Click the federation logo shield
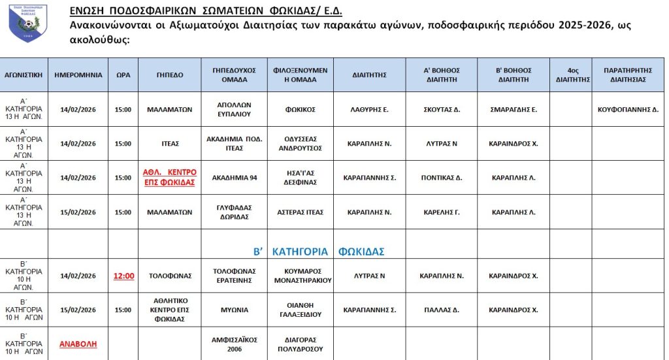pos(28,24)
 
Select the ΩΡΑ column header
pos(123,74)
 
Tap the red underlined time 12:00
pos(123,276)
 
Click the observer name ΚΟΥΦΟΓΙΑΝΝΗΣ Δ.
pos(628,109)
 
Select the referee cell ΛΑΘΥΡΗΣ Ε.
pos(369,109)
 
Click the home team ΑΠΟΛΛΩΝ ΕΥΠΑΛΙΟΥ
pos(235,109)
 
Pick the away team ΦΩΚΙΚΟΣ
pos(300,109)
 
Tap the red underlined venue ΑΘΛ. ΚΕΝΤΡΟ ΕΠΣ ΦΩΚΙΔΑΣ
pos(170,177)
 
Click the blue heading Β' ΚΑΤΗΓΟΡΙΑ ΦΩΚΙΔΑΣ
pos(319,251)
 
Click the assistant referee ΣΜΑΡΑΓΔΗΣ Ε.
pos(514,109)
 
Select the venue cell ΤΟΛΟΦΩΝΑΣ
pos(170,276)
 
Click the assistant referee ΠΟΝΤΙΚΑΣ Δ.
pos(442,177)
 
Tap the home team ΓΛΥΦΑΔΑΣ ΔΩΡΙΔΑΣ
pos(235,212)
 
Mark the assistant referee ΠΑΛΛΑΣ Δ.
pos(442,310)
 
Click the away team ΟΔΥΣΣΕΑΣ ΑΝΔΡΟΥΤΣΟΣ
pos(300,143)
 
